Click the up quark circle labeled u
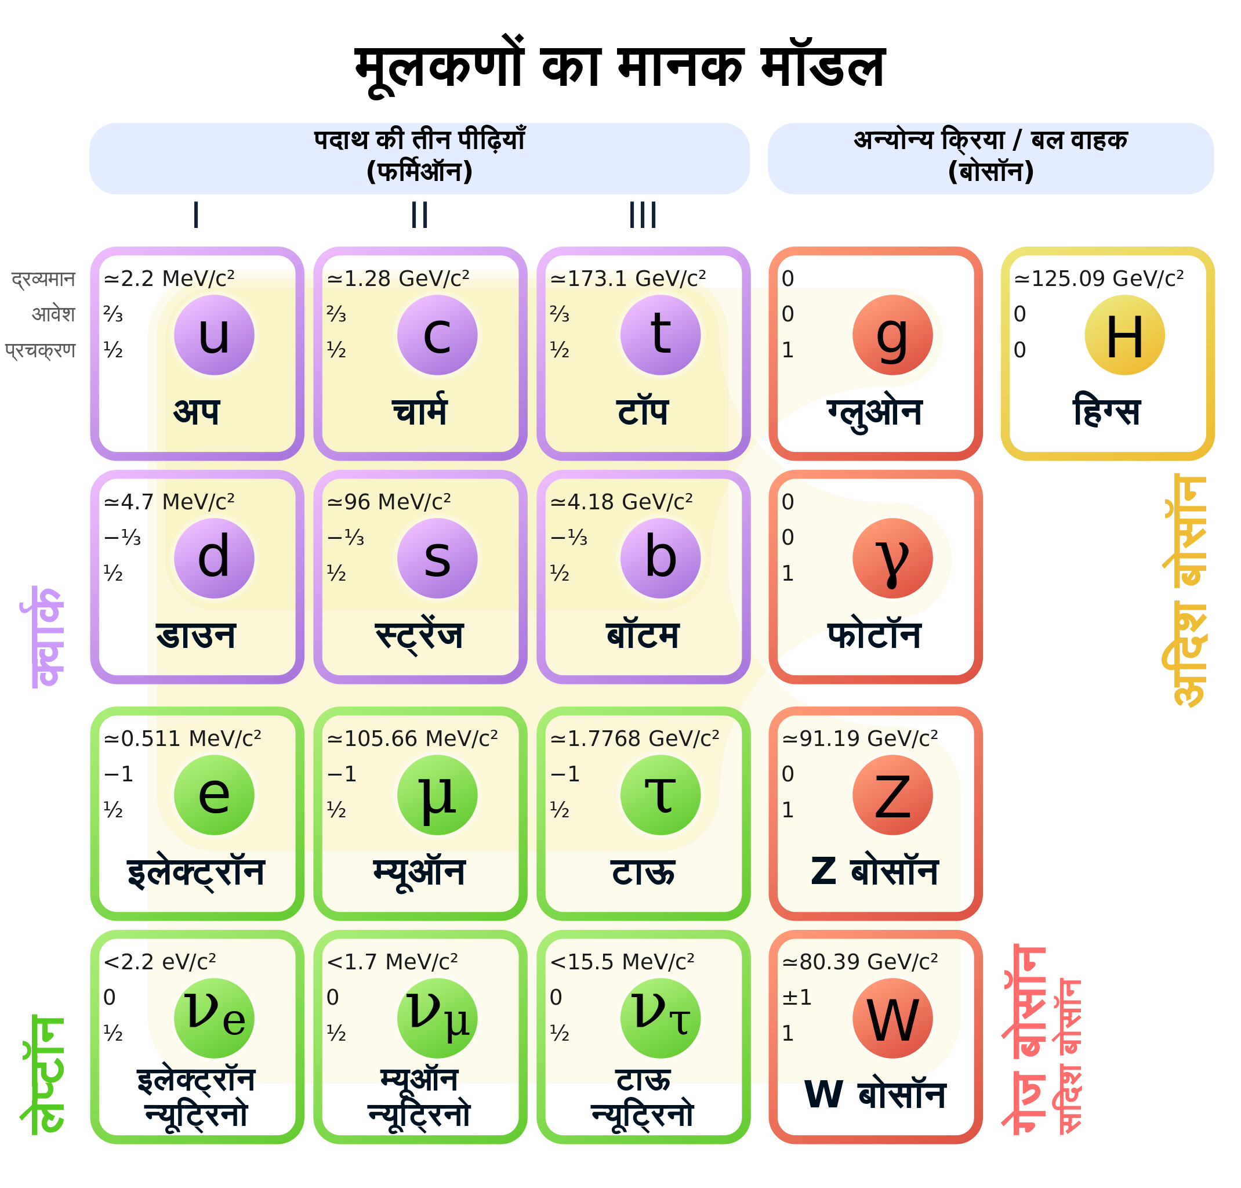pos(214,335)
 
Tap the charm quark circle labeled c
pos(437,335)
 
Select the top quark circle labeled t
pos(661,335)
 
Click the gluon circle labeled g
pos(892,335)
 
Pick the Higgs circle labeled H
pos(1124,335)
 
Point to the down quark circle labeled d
pos(214,558)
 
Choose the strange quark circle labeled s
pos(437,558)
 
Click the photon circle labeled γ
pos(892,558)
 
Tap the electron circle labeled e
pos(214,795)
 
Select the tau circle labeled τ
pos(661,795)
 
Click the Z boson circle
pos(892,795)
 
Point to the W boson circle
pos(892,1018)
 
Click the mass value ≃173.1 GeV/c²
pos(627,278)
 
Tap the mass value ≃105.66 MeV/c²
pos(412,738)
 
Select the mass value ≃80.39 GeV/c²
pos(860,962)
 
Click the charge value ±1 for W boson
pos(797,997)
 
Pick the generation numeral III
pos(643,215)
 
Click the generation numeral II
pos(420,215)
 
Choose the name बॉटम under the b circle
pos(643,635)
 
